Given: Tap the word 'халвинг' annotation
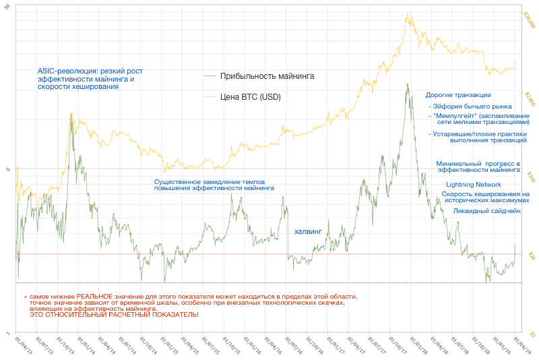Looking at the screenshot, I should point(309,231).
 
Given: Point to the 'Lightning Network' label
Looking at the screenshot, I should point(474,184).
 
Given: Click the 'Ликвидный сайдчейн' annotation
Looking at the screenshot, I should point(487,211).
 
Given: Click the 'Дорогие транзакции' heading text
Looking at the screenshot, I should point(458,95).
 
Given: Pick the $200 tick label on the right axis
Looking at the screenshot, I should point(529,177).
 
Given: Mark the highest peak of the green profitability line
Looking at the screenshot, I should point(407,84).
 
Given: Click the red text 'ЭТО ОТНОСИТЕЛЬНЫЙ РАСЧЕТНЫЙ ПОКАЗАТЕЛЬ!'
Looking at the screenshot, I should point(114,315).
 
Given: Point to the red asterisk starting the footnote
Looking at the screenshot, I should point(25,297).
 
